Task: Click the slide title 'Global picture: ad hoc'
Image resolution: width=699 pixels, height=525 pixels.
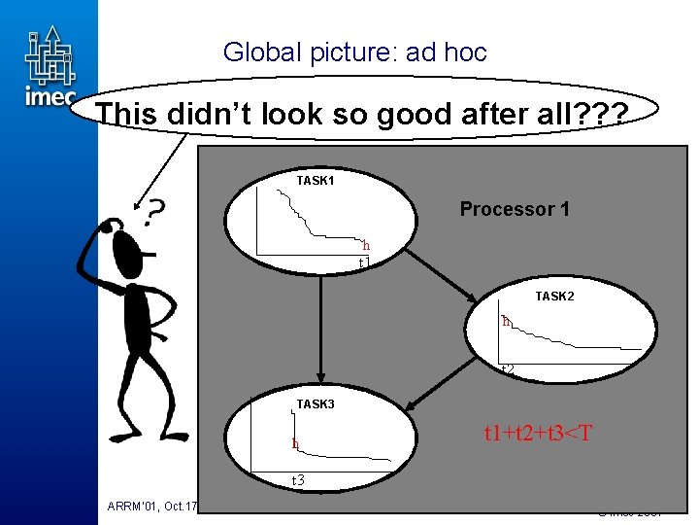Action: tap(354, 52)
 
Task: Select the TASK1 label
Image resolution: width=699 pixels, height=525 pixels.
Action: tap(316, 181)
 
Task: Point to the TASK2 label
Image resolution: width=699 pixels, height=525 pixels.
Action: tap(554, 296)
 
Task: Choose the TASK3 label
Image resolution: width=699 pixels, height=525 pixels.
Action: tap(316, 403)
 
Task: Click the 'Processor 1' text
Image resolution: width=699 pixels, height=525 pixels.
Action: tap(515, 209)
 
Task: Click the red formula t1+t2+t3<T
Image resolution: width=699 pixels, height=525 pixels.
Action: tap(538, 433)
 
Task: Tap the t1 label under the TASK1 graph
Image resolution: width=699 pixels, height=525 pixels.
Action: tap(364, 262)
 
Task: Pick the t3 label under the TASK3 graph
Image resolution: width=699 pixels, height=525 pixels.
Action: tap(298, 480)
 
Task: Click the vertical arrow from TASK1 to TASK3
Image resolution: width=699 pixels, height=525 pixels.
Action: tap(318, 331)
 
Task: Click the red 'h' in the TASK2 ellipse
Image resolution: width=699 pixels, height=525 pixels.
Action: tap(506, 321)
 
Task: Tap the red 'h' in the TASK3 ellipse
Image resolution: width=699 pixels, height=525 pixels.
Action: tap(295, 445)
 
